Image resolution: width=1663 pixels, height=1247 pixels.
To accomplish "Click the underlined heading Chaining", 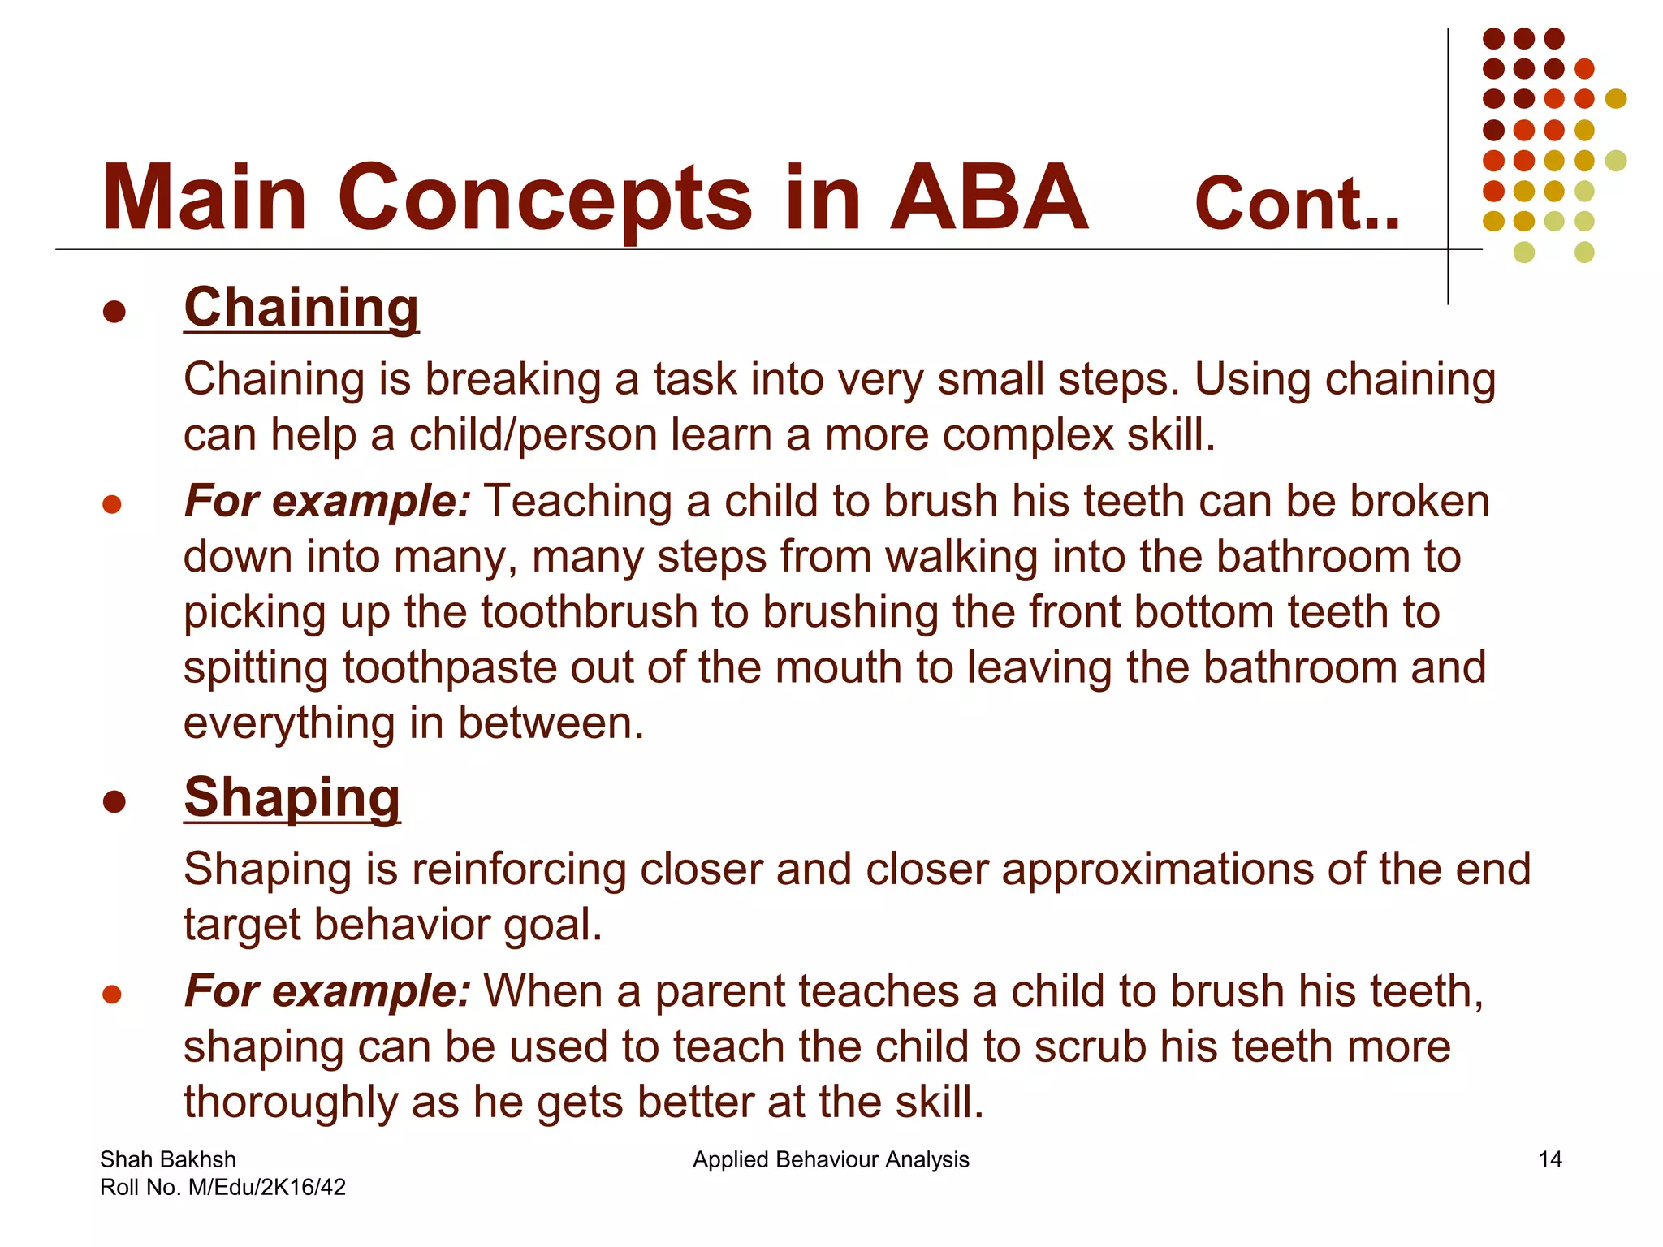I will click(x=301, y=309).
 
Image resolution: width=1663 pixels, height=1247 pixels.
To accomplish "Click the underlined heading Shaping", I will click(x=292, y=798).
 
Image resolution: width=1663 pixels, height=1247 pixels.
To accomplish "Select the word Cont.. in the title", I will click(x=1297, y=205).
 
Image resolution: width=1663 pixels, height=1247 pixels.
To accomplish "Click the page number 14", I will click(x=1549, y=1159).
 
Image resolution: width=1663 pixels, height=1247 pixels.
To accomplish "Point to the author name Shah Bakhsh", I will click(x=168, y=1159).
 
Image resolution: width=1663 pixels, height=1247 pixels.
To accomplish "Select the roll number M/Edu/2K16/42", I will click(x=266, y=1187).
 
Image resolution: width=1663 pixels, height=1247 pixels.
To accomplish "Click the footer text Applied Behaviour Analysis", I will click(x=831, y=1159).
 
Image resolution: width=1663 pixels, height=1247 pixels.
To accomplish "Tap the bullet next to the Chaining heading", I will click(x=114, y=313).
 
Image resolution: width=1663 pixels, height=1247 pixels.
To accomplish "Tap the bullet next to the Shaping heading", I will click(x=114, y=802).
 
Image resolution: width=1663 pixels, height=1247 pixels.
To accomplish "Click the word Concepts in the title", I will click(x=545, y=199).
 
